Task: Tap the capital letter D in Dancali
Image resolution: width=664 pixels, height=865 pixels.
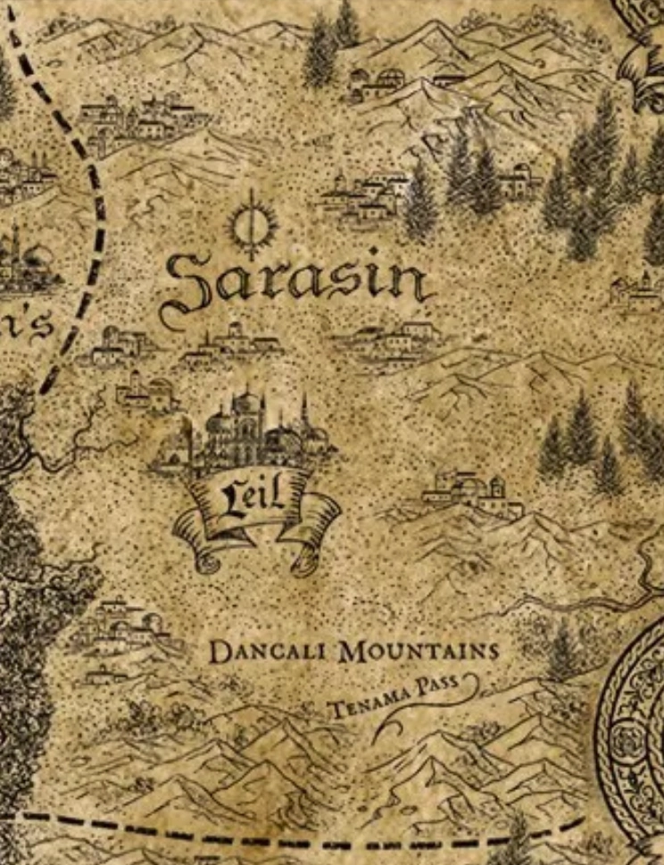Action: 219,653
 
